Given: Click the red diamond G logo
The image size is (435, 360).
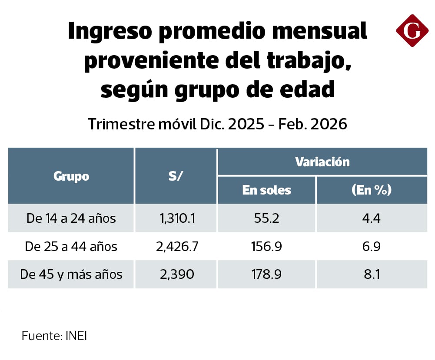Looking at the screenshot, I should pyautogui.click(x=412, y=30).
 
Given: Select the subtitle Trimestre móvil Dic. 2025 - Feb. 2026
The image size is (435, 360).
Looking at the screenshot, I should pyautogui.click(x=218, y=124).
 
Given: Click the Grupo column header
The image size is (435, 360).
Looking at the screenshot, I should pyautogui.click(x=71, y=176).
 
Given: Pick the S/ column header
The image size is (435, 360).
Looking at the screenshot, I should pyautogui.click(x=176, y=176).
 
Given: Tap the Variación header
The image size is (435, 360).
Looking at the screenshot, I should pyautogui.click(x=322, y=162).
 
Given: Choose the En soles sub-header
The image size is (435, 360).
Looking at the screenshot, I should pyautogui.click(x=267, y=190).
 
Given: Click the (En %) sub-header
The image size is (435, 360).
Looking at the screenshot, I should pyautogui.click(x=371, y=190).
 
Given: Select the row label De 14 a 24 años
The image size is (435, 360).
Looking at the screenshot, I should pyautogui.click(x=71, y=218).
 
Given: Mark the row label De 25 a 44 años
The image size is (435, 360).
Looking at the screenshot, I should pyautogui.click(x=71, y=247).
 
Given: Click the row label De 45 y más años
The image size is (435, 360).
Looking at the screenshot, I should pyautogui.click(x=71, y=274).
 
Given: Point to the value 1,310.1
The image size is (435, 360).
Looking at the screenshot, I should pyautogui.click(x=176, y=218).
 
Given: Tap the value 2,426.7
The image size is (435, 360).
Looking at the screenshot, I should pyautogui.click(x=176, y=247).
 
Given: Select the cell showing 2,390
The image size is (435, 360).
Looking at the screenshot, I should pyautogui.click(x=176, y=274).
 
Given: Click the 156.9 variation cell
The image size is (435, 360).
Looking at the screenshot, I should pyautogui.click(x=267, y=247).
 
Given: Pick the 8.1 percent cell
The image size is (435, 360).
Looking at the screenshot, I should pyautogui.click(x=371, y=274).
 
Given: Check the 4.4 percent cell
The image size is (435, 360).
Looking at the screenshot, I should pyautogui.click(x=371, y=218).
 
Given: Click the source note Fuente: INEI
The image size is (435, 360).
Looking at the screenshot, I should pyautogui.click(x=54, y=336).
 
